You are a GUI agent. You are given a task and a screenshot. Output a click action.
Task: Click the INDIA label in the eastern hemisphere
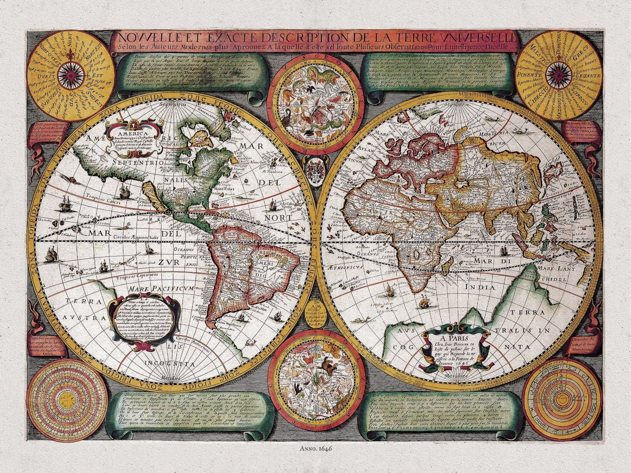point(480,287)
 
